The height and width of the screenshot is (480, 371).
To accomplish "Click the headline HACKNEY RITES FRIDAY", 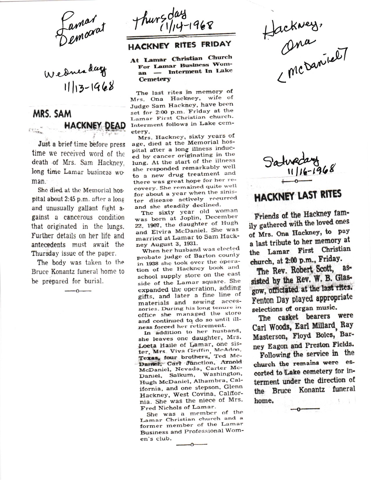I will pyautogui.click(x=180, y=45).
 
